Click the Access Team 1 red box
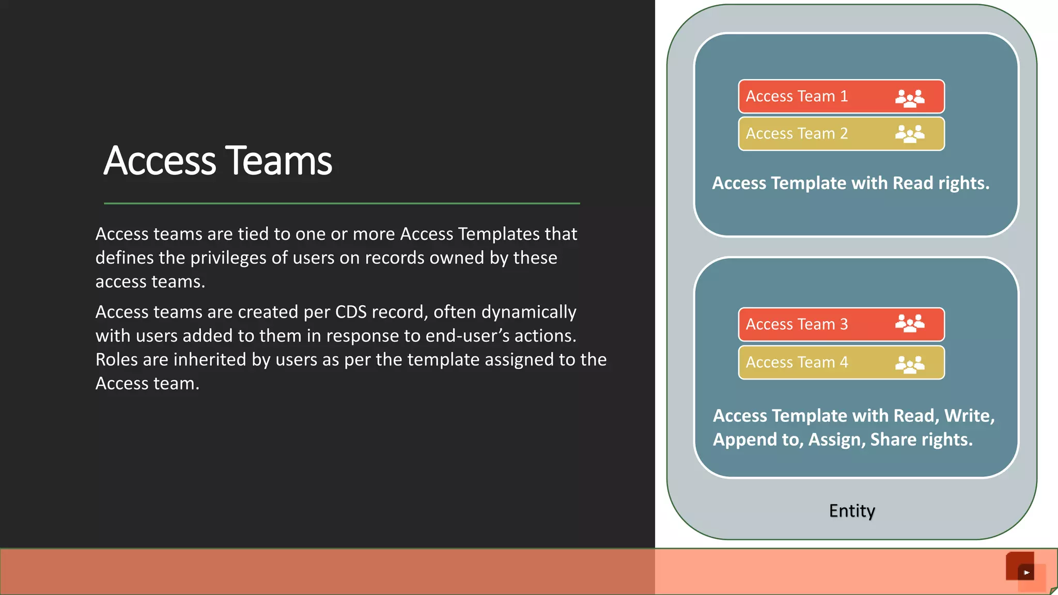tap(841, 96)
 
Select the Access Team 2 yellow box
tap(841, 134)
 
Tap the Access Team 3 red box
tap(841, 324)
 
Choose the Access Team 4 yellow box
tap(841, 362)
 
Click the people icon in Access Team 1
tap(910, 97)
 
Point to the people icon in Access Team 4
tap(910, 364)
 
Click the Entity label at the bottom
tap(852, 511)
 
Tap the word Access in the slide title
tap(160, 161)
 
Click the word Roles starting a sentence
tap(118, 359)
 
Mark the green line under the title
tap(341, 203)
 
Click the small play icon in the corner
tap(1026, 572)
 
